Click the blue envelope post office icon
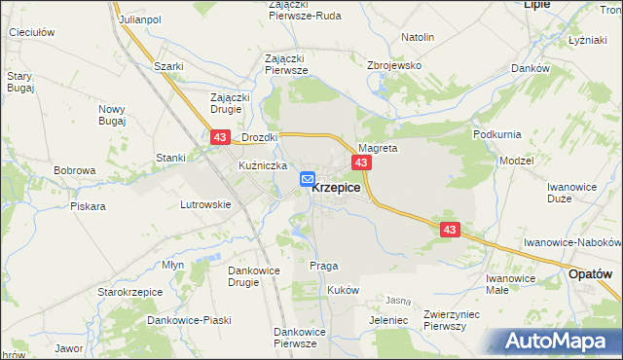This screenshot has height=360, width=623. pyautogui.click(x=308, y=180)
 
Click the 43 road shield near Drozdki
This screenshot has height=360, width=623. pyautogui.click(x=219, y=139)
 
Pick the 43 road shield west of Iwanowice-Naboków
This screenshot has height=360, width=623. pyautogui.click(x=450, y=230)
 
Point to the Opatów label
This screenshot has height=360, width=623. pyautogui.click(x=591, y=275)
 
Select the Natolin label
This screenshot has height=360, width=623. pyautogui.click(x=417, y=37)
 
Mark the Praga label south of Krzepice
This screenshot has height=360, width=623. pyautogui.click(x=323, y=266)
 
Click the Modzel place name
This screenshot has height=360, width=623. pyautogui.click(x=516, y=160)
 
